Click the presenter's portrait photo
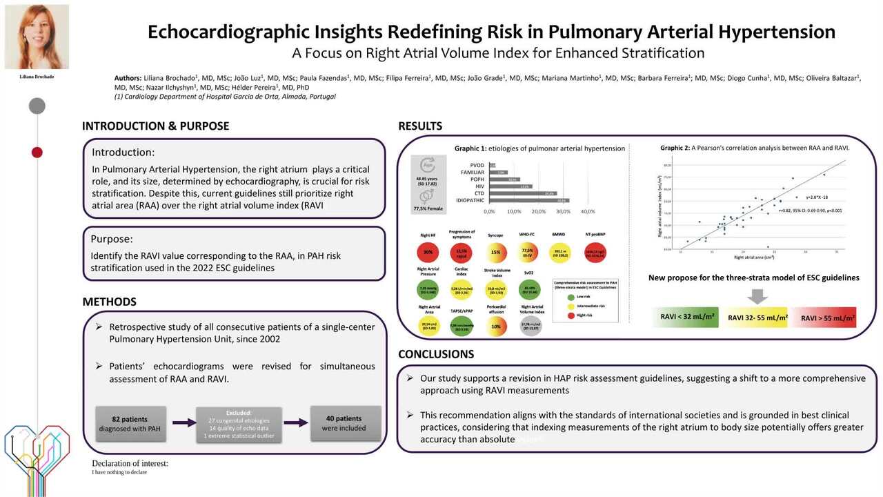(x=37, y=37)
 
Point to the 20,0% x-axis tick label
(x=539, y=211)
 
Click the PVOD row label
(x=477, y=166)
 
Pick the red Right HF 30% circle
(x=428, y=252)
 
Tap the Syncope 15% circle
(x=495, y=252)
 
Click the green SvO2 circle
(x=530, y=289)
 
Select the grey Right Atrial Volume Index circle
(x=530, y=326)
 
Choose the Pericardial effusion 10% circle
(x=495, y=326)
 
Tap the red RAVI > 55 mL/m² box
(x=824, y=318)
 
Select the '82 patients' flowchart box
(x=130, y=423)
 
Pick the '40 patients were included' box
(x=344, y=423)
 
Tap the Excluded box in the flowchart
(x=238, y=424)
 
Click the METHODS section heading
(x=109, y=302)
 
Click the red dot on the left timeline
(x=37, y=153)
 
